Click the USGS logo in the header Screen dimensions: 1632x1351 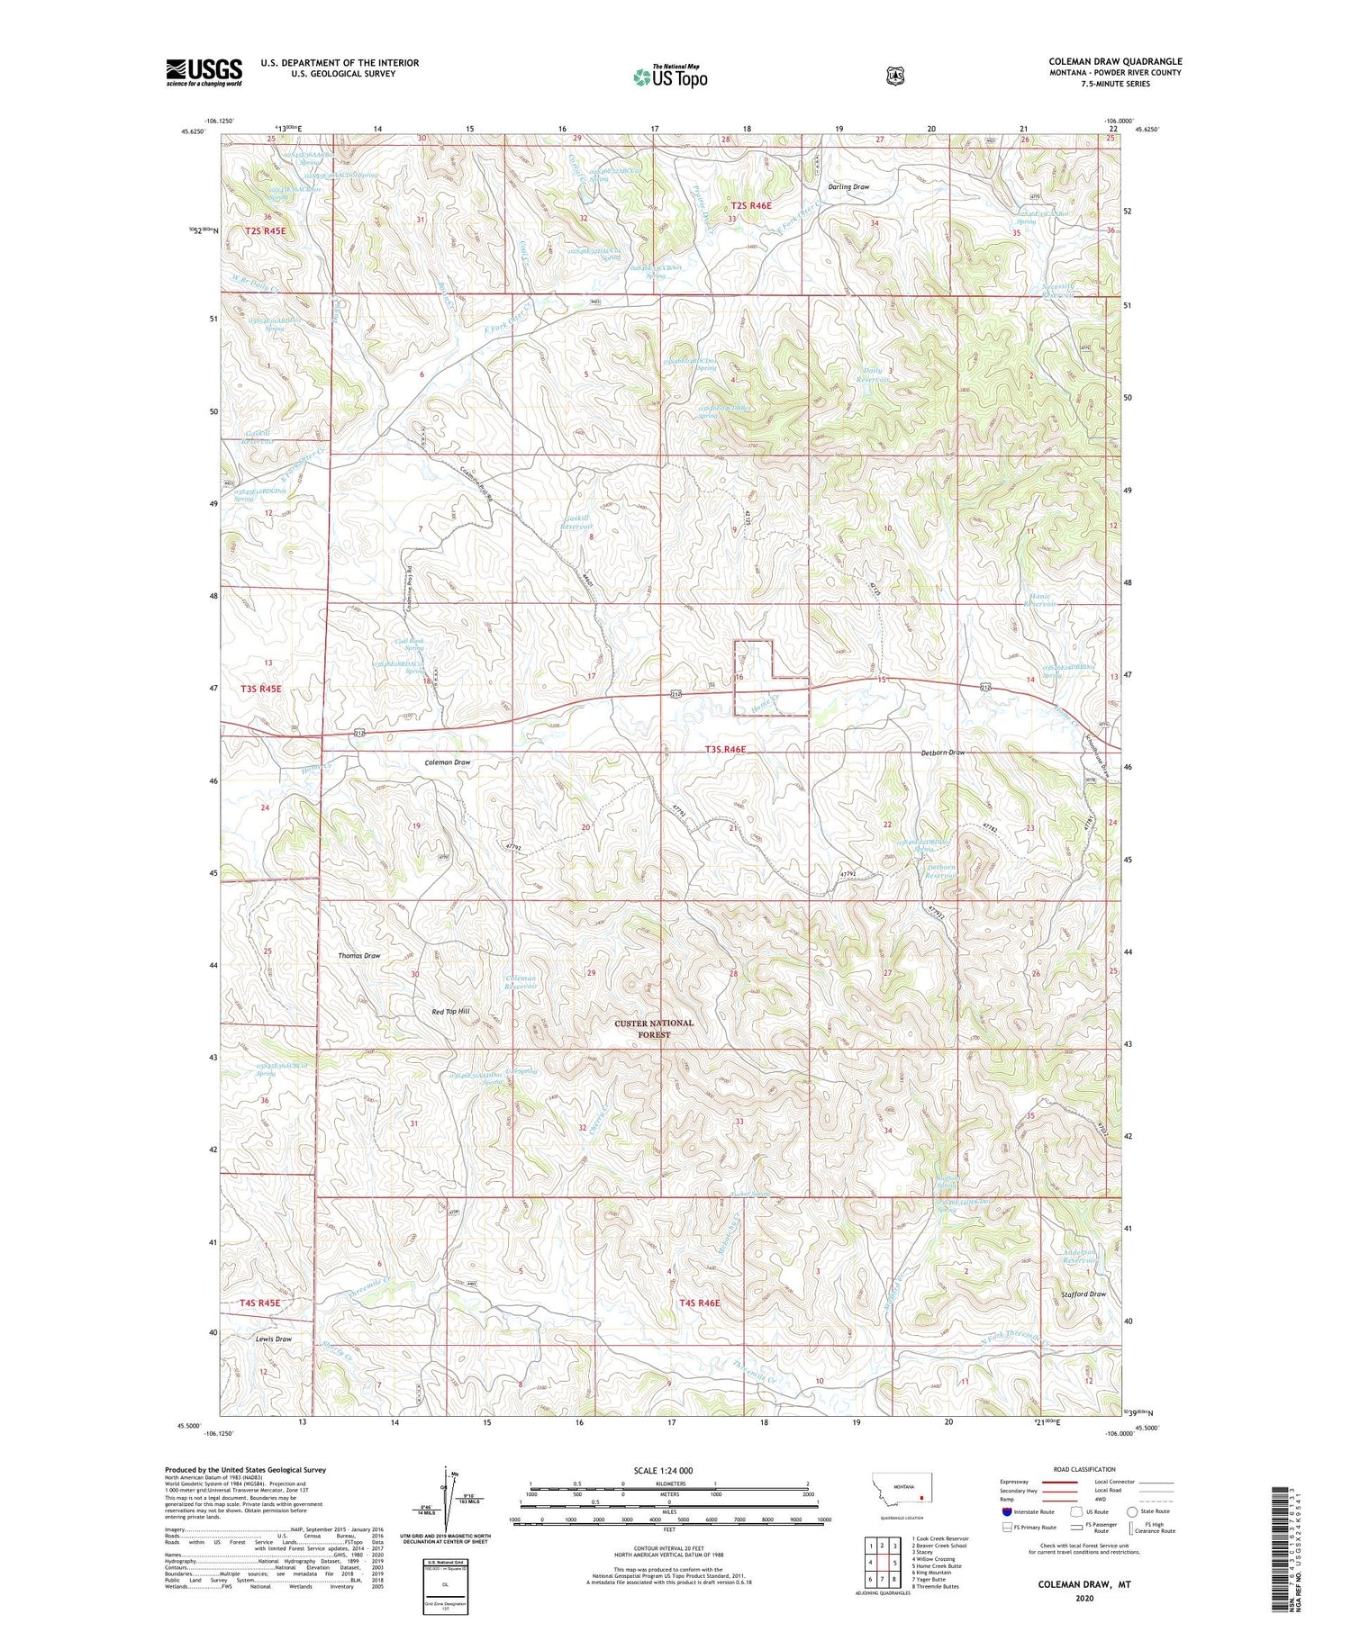204,72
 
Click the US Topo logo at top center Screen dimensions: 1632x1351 670,76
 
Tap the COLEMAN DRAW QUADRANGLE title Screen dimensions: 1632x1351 1114,61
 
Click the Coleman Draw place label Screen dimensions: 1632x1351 448,762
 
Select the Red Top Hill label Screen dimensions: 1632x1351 450,1011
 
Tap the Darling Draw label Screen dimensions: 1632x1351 848,187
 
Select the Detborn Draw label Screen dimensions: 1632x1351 942,753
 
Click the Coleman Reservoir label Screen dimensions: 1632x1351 521,982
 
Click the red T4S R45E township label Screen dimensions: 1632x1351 259,1303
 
